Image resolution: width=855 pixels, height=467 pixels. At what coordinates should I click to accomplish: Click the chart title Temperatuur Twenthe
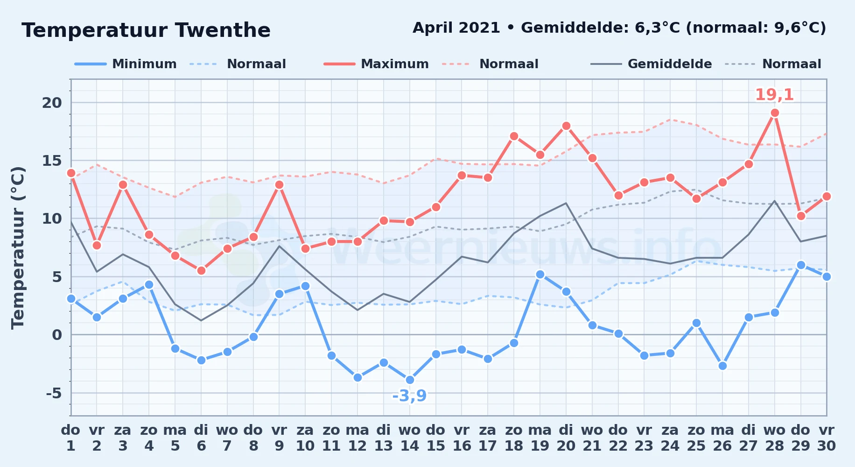[x=146, y=31]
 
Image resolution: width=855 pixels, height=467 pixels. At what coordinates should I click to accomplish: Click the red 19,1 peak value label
[x=775, y=95]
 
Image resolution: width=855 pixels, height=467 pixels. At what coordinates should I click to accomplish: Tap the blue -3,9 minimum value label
[x=409, y=396]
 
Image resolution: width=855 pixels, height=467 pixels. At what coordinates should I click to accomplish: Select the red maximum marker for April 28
[x=775, y=113]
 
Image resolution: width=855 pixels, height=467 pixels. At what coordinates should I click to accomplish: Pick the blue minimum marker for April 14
[x=410, y=380]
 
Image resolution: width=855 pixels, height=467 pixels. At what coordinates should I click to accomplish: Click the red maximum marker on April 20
[x=566, y=126]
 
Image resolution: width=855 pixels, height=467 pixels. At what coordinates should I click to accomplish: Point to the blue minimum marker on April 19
[x=540, y=274]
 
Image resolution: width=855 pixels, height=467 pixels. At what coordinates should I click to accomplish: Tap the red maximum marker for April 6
[x=201, y=270]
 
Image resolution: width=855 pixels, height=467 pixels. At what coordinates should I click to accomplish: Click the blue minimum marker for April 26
[x=722, y=366]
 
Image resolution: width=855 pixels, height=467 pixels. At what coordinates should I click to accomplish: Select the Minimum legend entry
[x=126, y=64]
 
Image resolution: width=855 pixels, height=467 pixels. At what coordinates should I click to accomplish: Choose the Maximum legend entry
[x=376, y=64]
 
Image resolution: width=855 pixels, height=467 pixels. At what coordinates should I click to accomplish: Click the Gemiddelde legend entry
[x=651, y=64]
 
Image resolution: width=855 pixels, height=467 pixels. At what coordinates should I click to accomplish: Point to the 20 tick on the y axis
[x=52, y=103]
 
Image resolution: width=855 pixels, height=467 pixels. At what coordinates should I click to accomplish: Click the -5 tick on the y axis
[x=54, y=393]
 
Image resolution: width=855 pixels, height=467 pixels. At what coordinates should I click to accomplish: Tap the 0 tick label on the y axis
[x=57, y=335]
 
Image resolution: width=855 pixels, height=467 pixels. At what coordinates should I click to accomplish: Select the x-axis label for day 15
[x=436, y=438]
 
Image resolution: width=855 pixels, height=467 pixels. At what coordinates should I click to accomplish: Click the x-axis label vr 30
[x=827, y=438]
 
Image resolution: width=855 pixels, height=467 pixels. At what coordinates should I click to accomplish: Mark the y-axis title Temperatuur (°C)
[x=18, y=248]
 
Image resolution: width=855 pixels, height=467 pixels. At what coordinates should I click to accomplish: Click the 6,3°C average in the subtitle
[x=658, y=28]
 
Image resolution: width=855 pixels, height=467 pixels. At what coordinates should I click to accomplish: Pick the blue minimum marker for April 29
[x=801, y=265]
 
